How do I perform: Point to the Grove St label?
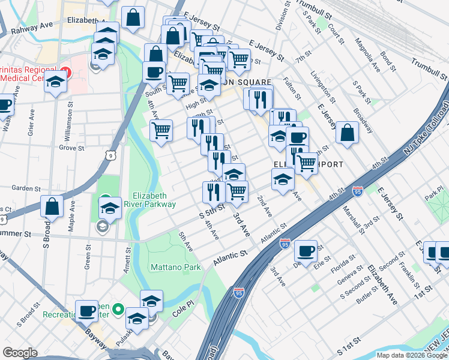click(x=72, y=147)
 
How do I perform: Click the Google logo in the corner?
click(x=20, y=352)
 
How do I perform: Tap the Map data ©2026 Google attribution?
click(x=412, y=355)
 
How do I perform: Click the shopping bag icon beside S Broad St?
click(x=53, y=206)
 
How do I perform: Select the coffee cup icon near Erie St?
click(x=306, y=251)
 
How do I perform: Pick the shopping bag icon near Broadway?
click(x=347, y=133)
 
